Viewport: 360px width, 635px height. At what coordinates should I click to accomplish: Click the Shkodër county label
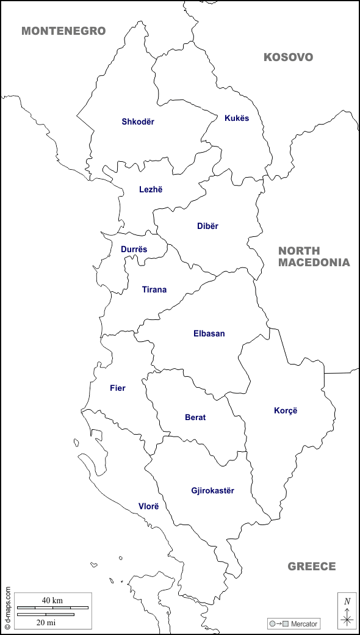click(x=138, y=122)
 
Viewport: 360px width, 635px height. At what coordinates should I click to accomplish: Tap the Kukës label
click(x=237, y=118)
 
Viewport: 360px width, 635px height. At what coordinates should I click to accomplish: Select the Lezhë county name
click(x=151, y=189)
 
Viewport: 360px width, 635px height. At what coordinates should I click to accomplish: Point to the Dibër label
click(x=207, y=226)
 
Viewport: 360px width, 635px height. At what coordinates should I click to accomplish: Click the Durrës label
click(x=134, y=249)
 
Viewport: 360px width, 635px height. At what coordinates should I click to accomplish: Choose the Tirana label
click(x=154, y=289)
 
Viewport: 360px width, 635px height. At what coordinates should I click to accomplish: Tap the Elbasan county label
click(x=209, y=333)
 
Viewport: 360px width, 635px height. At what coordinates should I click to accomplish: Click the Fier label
click(x=118, y=388)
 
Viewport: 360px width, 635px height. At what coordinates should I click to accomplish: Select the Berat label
click(x=195, y=418)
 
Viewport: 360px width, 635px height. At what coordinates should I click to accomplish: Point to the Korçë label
click(x=286, y=410)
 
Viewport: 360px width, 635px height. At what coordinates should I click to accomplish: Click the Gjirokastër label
click(x=212, y=490)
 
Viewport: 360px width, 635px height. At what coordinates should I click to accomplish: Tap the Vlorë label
click(x=148, y=506)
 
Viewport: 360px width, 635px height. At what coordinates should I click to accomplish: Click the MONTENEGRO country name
click(x=63, y=31)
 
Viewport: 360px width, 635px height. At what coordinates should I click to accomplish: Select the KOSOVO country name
click(x=288, y=57)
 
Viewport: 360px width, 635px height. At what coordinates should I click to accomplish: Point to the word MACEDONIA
click(x=314, y=263)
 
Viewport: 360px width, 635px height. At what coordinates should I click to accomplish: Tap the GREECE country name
click(x=312, y=567)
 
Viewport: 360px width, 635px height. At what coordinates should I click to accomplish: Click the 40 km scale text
click(x=52, y=600)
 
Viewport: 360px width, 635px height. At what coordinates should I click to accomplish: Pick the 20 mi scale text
click(x=46, y=622)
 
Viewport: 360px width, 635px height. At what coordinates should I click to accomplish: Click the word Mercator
click(x=304, y=623)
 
